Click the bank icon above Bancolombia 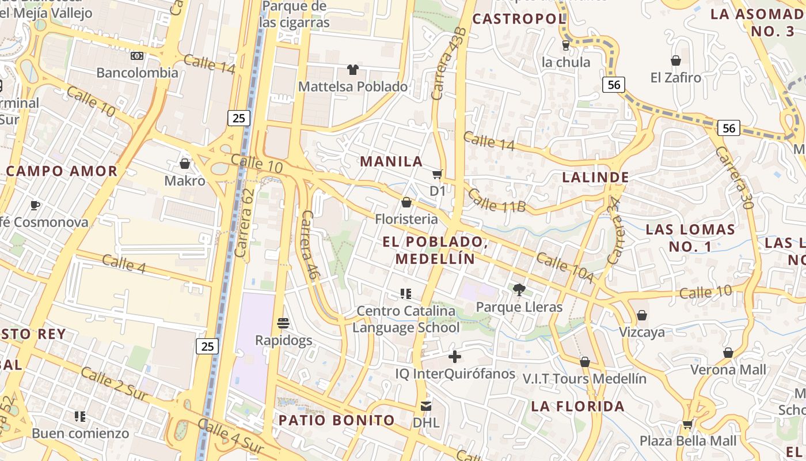[137, 56]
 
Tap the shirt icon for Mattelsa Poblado [353, 70]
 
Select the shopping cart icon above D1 [438, 174]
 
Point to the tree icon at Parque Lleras [519, 290]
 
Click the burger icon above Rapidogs [283, 323]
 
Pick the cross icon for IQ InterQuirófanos [455, 357]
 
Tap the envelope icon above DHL [426, 406]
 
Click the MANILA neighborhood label [391, 161]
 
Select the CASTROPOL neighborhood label [519, 19]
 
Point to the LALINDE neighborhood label [595, 177]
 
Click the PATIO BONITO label [337, 420]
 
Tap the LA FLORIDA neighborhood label [577, 406]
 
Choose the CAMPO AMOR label [62, 171]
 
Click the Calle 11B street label [496, 200]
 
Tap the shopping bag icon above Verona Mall [728, 353]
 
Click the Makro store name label [185, 181]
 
